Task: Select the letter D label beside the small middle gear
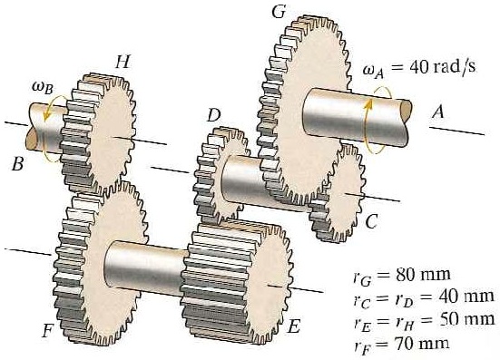(213, 115)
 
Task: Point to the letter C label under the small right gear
(372, 220)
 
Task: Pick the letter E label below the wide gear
(293, 327)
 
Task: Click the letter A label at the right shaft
(439, 112)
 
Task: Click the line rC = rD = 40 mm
(423, 296)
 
